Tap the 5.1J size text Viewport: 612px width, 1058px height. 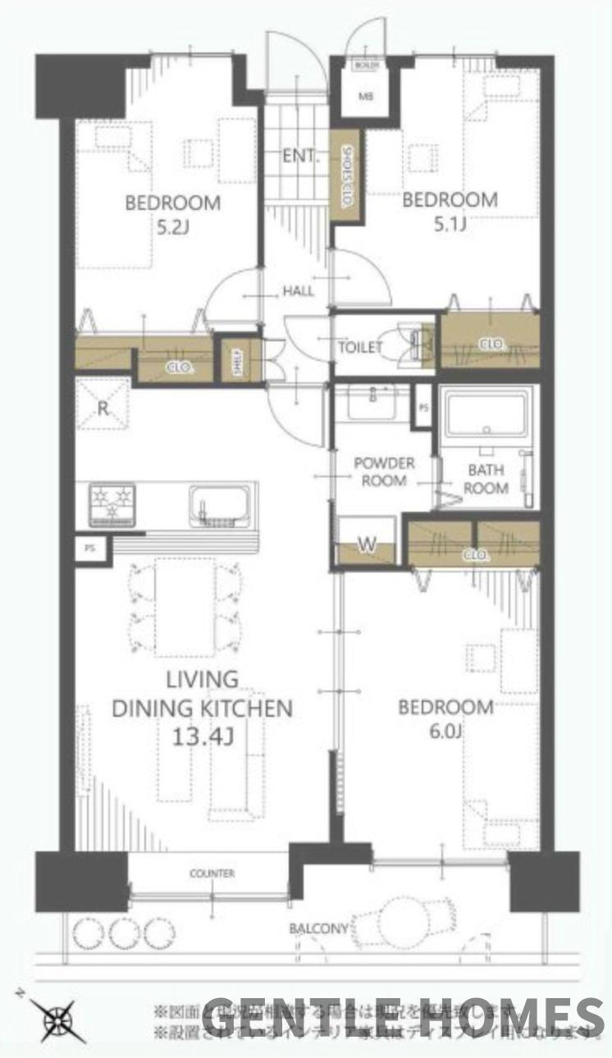tap(450, 222)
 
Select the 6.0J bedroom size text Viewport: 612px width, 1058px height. tap(445, 732)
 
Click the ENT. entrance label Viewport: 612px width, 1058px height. tap(299, 156)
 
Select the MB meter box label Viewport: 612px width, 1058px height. tap(365, 96)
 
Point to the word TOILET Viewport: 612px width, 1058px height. tap(360, 347)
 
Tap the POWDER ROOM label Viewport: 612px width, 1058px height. tap(384, 472)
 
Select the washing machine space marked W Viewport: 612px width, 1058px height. tap(365, 545)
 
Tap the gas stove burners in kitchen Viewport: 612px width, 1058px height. tap(112, 504)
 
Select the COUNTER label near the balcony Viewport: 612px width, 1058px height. tap(212, 873)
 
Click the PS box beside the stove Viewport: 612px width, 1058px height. tap(90, 550)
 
